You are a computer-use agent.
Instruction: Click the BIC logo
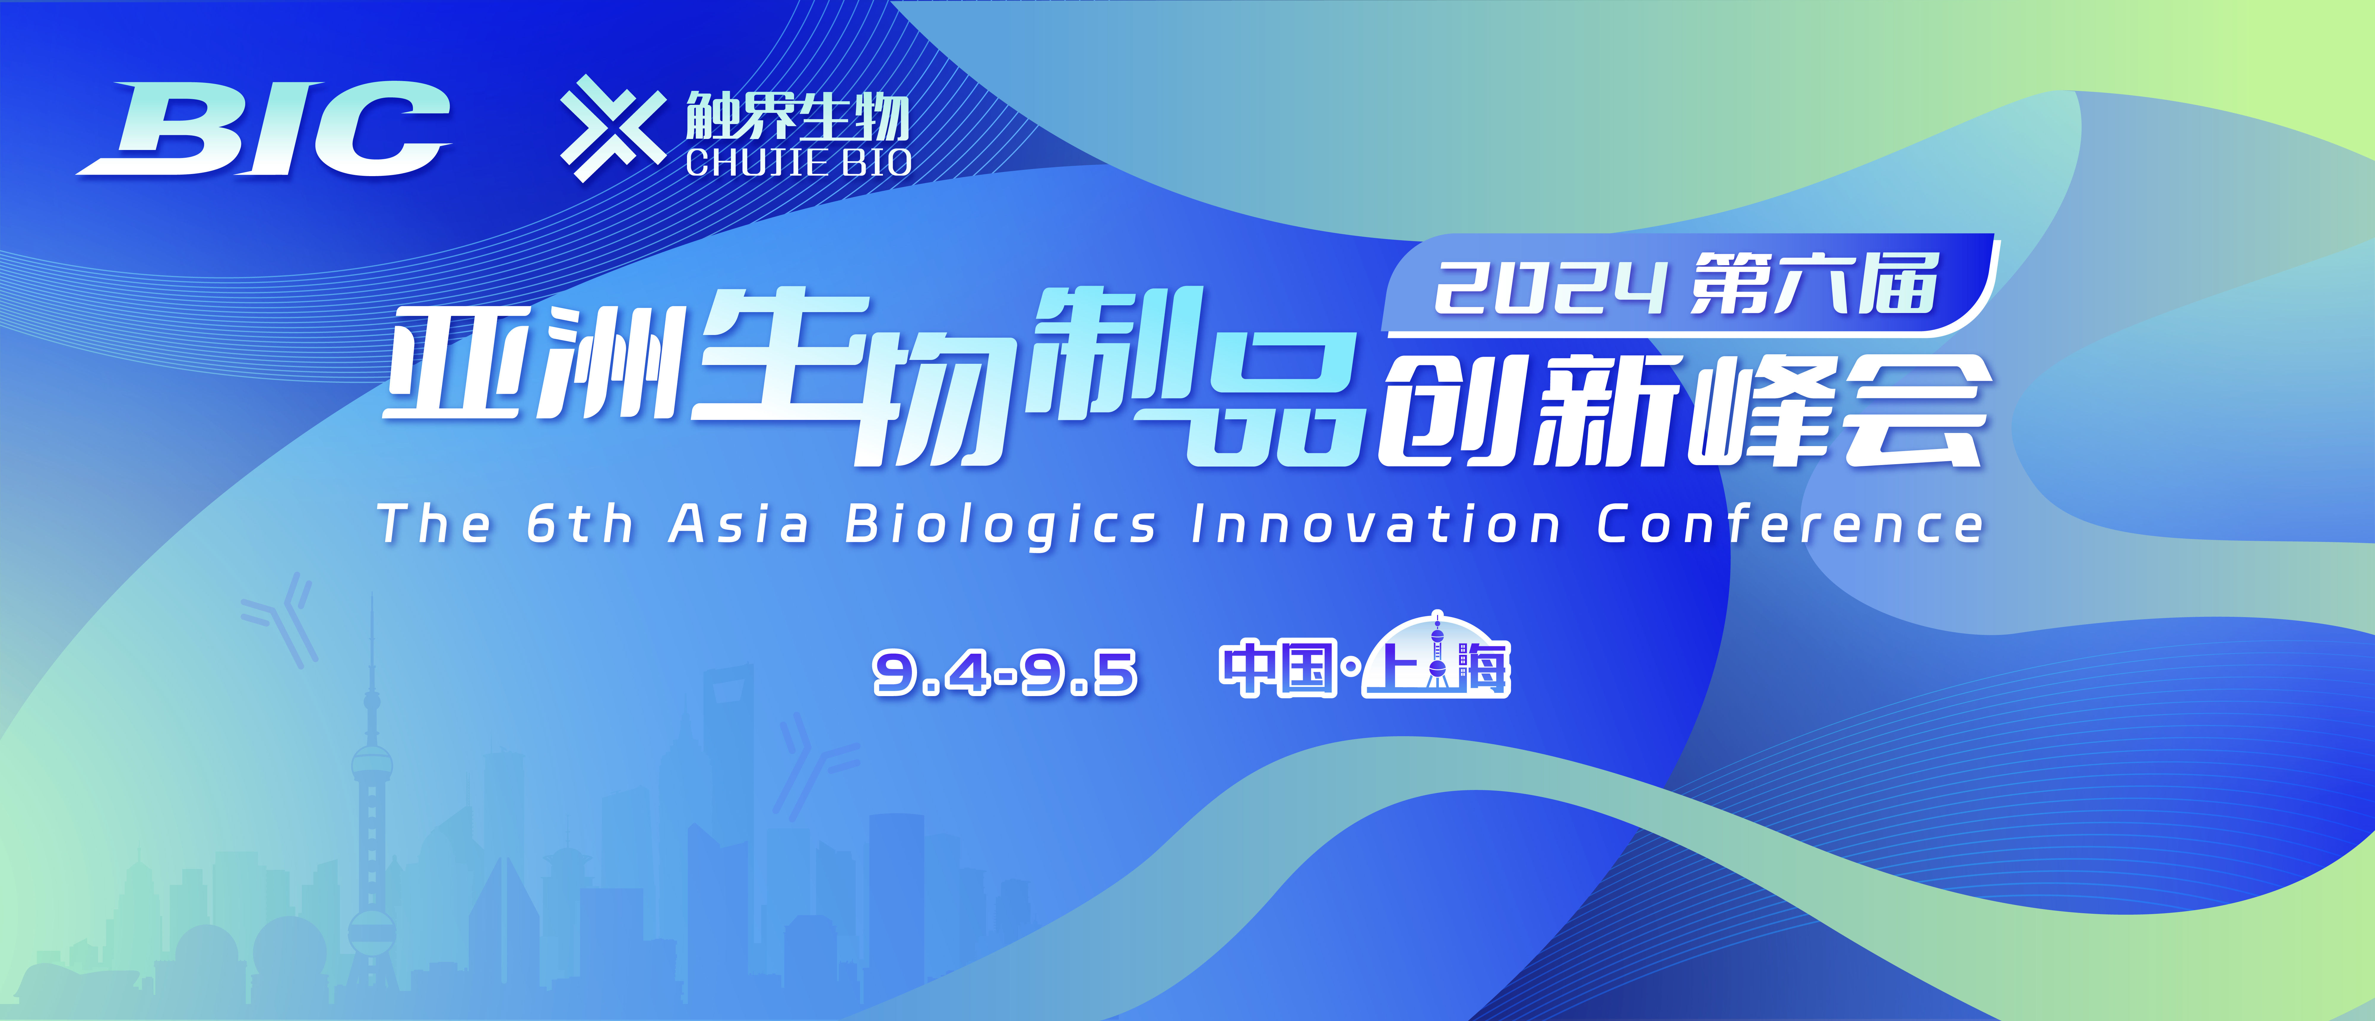267,129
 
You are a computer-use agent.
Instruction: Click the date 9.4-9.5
1005,671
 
